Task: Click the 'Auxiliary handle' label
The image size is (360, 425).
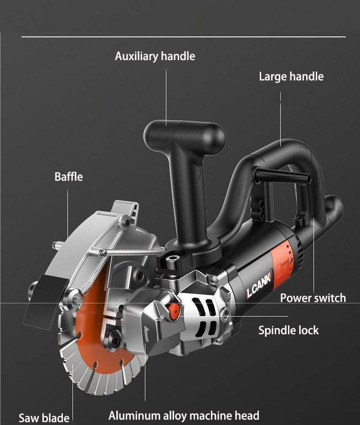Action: [154, 56]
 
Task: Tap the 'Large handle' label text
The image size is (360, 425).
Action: [291, 76]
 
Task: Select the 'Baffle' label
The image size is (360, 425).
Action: [69, 176]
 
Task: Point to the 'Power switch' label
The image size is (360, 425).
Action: [313, 298]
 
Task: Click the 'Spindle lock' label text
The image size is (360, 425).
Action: [288, 330]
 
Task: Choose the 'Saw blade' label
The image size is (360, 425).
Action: [44, 418]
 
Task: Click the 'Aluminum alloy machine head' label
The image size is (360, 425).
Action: [184, 415]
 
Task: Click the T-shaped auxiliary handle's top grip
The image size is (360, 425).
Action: [185, 132]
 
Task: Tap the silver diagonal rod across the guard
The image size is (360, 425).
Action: [132, 251]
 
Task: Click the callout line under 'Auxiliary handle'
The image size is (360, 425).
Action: [166, 96]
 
